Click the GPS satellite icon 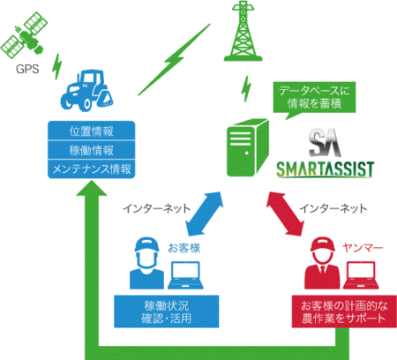(x=24, y=34)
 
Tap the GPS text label (x=27, y=69)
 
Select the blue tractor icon (x=87, y=90)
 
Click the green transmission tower (x=243, y=31)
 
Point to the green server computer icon (x=248, y=147)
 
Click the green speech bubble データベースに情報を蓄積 (x=314, y=98)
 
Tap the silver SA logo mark (x=325, y=143)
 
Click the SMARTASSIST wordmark (x=325, y=169)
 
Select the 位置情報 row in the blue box (x=92, y=131)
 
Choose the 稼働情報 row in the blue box (x=92, y=150)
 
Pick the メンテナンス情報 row (x=92, y=169)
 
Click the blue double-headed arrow (x=204, y=214)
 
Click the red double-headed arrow (x=285, y=214)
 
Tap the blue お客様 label (x=184, y=248)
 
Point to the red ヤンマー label (x=363, y=248)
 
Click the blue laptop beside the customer (x=186, y=275)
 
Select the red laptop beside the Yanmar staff (x=361, y=275)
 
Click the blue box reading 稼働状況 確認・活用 (x=167, y=311)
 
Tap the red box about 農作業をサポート (x=344, y=311)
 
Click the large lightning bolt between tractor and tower (x=174, y=60)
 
